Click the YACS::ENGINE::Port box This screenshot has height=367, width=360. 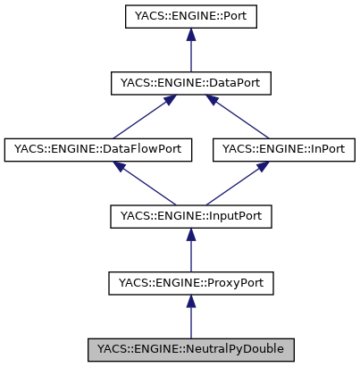(189, 16)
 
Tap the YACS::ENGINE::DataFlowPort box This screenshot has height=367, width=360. (99, 149)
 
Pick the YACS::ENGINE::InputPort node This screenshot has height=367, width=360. (189, 216)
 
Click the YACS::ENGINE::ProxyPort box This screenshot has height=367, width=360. (189, 283)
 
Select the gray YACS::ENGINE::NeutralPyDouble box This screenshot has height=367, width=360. (189, 349)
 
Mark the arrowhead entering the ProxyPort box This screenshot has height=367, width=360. (189, 303)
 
